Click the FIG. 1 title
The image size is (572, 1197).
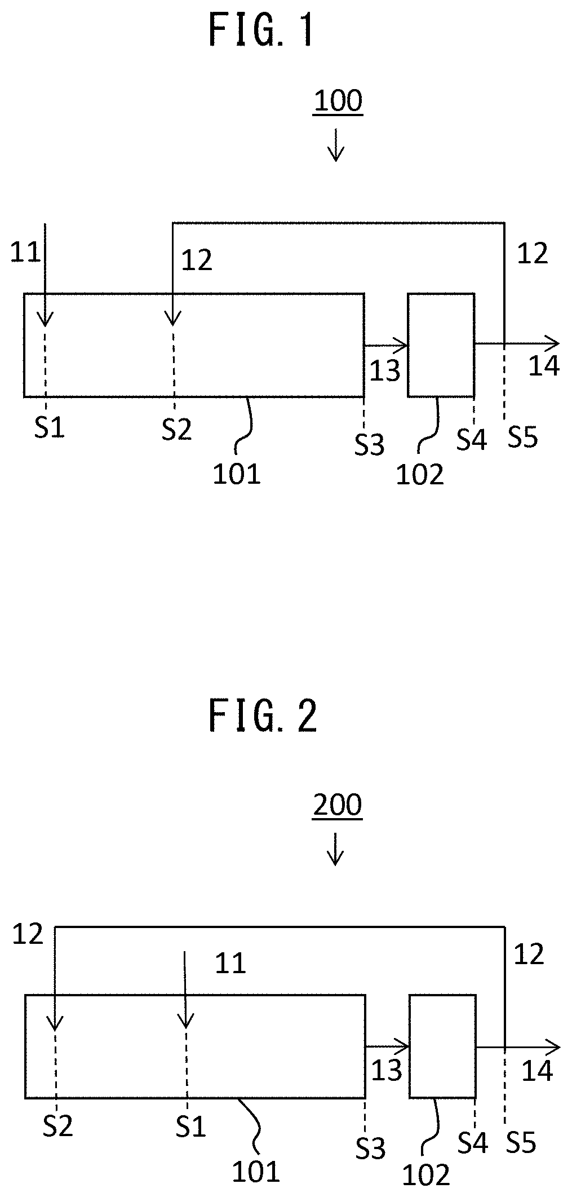tap(261, 30)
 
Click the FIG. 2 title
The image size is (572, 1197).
tap(263, 717)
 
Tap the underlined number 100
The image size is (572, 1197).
tap(338, 102)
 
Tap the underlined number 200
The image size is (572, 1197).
tap(338, 806)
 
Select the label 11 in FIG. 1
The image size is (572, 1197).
tap(26, 253)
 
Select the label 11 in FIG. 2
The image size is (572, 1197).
tap(230, 964)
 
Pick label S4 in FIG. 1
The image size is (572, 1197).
tap(471, 439)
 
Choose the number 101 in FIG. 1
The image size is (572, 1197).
tap(237, 474)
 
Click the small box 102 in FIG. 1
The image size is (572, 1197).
tap(441, 344)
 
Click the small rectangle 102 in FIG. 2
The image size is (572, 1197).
tap(442, 1046)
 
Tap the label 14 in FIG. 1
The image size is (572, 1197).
tap(544, 366)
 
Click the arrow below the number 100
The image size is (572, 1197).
tap(336, 145)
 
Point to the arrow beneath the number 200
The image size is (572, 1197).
tap(336, 849)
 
